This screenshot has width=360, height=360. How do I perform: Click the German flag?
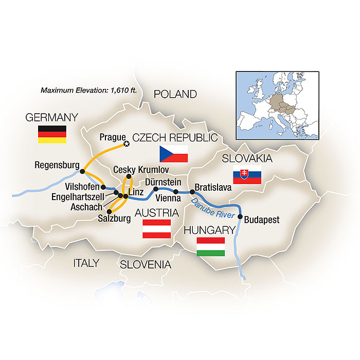(52, 134)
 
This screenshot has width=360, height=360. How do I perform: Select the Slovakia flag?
(247, 175)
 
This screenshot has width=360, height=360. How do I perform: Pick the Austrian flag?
(156, 229)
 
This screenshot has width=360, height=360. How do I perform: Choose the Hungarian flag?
(211, 247)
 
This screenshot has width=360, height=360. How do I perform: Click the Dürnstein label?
(164, 182)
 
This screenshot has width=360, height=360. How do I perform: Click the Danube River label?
(213, 208)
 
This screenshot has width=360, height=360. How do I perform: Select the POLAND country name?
(175, 94)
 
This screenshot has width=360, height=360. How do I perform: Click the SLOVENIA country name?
(145, 264)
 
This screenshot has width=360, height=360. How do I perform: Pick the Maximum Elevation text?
(88, 90)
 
